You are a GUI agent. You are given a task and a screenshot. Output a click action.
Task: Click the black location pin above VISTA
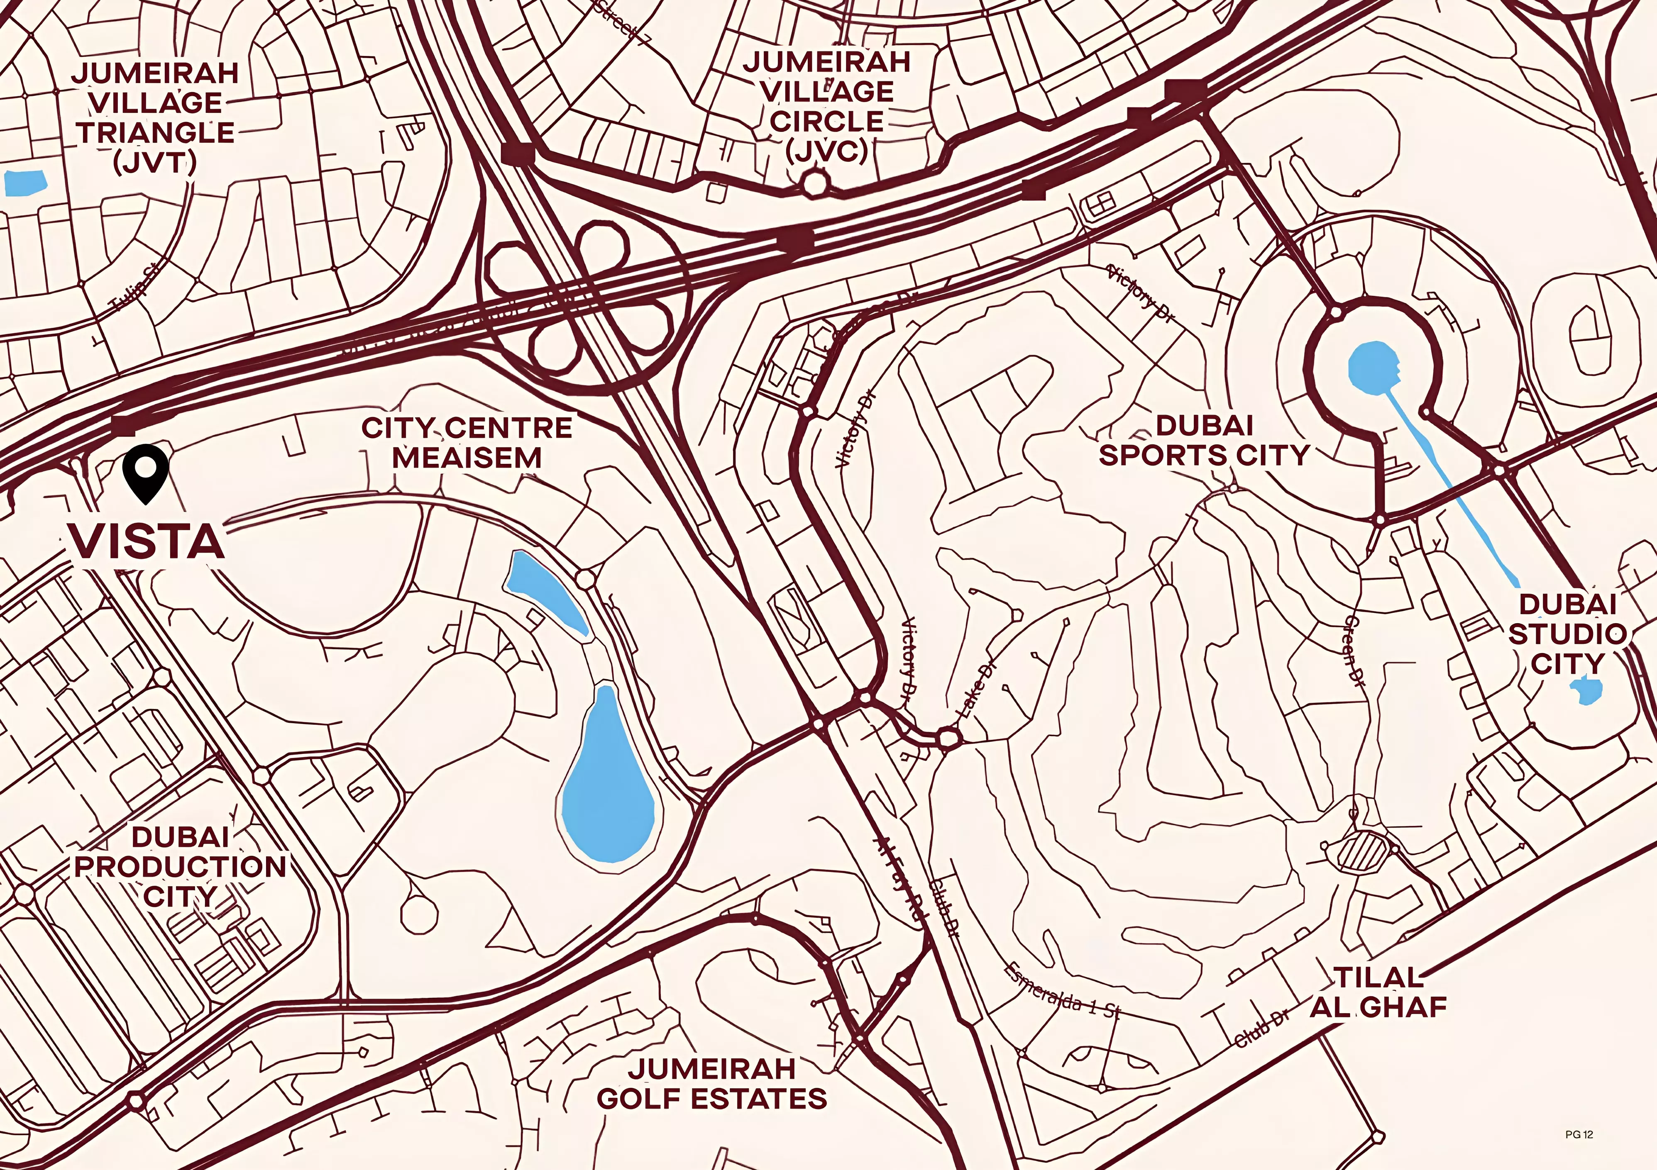[x=145, y=470]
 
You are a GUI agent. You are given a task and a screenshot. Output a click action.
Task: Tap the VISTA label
[x=147, y=542]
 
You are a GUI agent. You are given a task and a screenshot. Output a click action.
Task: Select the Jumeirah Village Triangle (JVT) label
[x=155, y=117]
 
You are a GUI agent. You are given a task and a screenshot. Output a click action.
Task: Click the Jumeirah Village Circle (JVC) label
[x=827, y=106]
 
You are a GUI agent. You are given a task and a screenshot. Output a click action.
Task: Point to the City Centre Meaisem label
[x=467, y=443]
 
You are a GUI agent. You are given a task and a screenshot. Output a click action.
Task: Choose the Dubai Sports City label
[x=1204, y=440]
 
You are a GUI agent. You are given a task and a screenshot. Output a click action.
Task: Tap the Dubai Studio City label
[x=1567, y=633]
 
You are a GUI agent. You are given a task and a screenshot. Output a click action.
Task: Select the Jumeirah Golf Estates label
[x=712, y=1083]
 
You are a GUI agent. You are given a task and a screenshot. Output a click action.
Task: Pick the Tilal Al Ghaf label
[x=1378, y=992]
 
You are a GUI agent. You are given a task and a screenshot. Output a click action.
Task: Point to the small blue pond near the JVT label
[x=24, y=183]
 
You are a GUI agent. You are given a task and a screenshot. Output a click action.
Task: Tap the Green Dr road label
[x=1354, y=649]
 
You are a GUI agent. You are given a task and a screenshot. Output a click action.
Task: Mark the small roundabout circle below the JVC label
[x=814, y=183]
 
